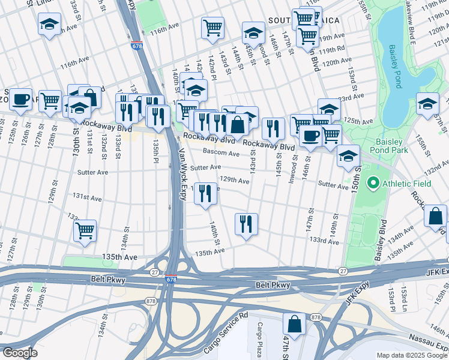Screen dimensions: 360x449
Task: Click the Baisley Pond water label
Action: pyautogui.click(x=393, y=60)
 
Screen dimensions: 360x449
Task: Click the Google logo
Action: pyautogui.click(x=19, y=352)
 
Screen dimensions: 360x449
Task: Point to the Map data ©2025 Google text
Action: pyautogui.click(x=412, y=355)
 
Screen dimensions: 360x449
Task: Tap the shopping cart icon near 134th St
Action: pyautogui.click(x=85, y=229)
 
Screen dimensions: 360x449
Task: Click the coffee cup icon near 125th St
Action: pyautogui.click(x=20, y=99)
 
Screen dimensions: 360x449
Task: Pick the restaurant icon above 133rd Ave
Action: pyautogui.click(x=246, y=224)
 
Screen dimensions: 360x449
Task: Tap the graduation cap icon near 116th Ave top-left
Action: pyautogui.click(x=49, y=24)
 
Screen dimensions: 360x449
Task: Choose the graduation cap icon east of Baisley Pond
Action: pyautogui.click(x=427, y=104)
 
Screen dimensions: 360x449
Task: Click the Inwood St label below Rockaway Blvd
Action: pyautogui.click(x=294, y=171)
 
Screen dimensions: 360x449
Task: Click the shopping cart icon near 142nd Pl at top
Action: pyautogui.click(x=212, y=28)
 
